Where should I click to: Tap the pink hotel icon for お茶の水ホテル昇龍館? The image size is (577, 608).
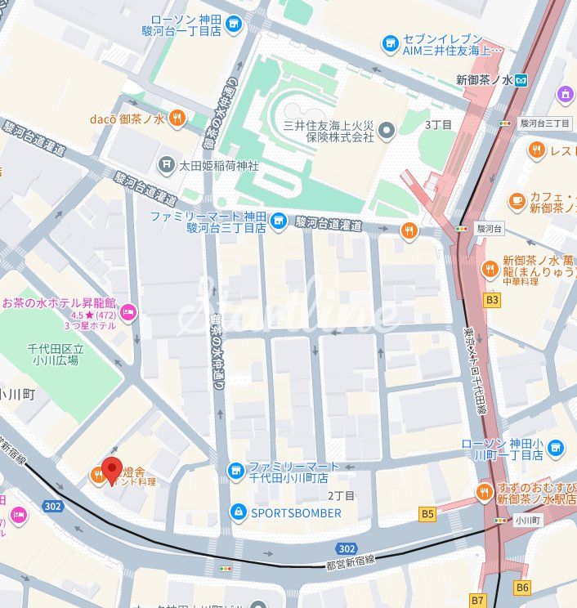[127, 312]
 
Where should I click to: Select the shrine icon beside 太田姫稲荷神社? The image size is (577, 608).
[167, 165]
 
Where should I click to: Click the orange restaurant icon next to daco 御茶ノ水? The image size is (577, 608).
[177, 119]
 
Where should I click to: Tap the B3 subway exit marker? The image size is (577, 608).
[492, 300]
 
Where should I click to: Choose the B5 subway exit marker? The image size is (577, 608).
[427, 514]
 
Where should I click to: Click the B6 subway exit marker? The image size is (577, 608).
[523, 587]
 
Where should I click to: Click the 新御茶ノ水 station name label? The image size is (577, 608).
[484, 79]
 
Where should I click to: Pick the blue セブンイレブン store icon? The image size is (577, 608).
[391, 42]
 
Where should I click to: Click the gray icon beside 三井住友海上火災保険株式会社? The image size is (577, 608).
[387, 130]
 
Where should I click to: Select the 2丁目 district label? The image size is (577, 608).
[341, 495]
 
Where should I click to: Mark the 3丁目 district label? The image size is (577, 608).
[438, 124]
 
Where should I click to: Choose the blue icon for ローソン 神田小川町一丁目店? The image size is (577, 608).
[556, 448]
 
